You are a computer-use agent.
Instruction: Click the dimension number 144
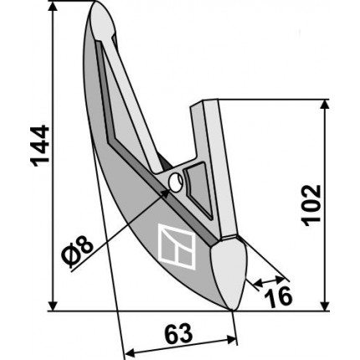[x=40, y=146]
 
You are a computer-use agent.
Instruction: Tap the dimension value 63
[x=178, y=334]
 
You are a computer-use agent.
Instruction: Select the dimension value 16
[x=278, y=297]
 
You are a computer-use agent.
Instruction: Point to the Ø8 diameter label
[x=77, y=250]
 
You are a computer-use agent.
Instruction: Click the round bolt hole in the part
[x=176, y=183]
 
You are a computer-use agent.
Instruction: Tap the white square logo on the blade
[x=177, y=247]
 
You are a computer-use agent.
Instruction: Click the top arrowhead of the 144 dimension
[x=53, y=6]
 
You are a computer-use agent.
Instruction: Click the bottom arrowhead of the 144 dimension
[x=53, y=306]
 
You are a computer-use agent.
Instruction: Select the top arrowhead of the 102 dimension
[x=324, y=105]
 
